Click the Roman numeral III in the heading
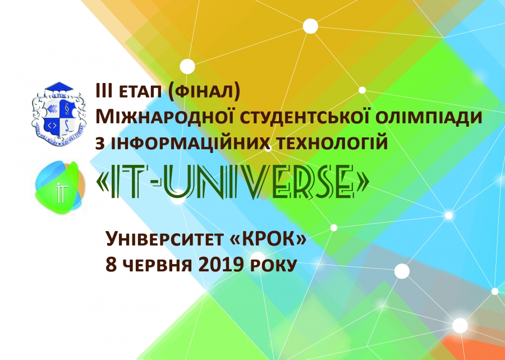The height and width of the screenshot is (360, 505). click(104, 91)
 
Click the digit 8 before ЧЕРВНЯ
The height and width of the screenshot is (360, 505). click(111, 265)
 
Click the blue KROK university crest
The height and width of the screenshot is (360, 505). click(59, 114)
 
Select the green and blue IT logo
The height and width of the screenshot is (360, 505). click(60, 188)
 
